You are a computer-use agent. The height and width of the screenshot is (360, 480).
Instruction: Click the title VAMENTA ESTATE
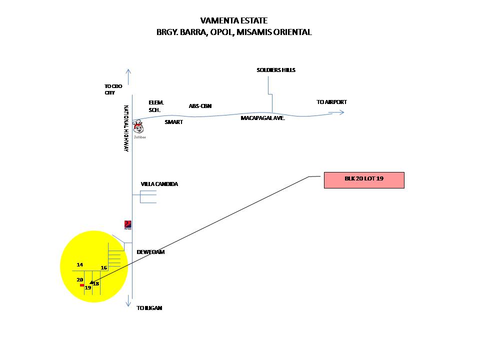[x=234, y=20]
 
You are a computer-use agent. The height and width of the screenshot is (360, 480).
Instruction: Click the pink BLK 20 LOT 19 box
[x=364, y=180]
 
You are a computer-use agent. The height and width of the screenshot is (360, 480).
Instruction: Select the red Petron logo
[x=128, y=225]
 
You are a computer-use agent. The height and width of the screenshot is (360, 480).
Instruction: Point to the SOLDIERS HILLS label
[x=276, y=70]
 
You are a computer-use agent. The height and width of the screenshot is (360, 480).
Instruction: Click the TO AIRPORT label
[x=331, y=102]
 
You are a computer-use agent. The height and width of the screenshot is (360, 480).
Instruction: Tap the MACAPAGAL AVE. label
[x=262, y=118]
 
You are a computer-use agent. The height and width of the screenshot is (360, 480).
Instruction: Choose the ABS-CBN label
[x=200, y=106]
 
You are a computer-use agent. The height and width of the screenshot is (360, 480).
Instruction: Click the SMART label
[x=174, y=121]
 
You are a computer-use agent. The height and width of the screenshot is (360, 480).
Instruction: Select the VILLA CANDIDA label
[x=159, y=184]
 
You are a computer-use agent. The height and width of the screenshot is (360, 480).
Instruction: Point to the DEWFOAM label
[x=151, y=252]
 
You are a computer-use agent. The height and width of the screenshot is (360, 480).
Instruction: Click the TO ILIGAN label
[x=149, y=308]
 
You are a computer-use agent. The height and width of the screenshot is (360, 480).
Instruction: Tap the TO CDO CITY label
[x=113, y=89]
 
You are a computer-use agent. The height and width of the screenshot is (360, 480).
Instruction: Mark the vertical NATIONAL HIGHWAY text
[x=126, y=128]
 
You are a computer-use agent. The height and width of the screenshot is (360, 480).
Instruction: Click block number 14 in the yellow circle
[x=80, y=264]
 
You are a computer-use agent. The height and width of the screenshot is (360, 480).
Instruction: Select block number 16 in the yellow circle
[x=104, y=268]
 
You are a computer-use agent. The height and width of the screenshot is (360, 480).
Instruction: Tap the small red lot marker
[x=81, y=285]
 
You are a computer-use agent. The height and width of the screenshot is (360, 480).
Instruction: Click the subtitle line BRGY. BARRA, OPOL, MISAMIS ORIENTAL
[x=234, y=32]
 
